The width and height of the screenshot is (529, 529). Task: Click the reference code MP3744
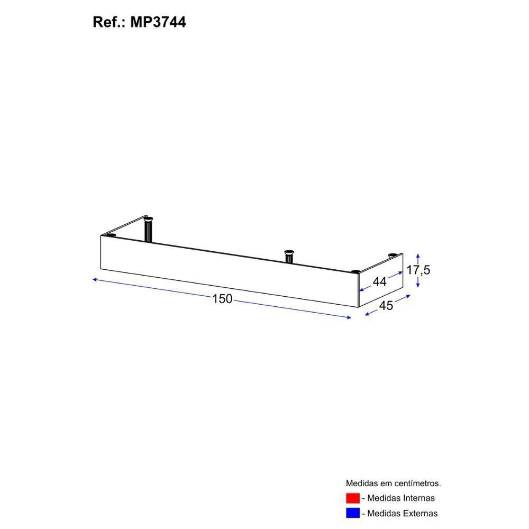pos(158,23)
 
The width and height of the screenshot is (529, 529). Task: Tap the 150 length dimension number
pos(222,299)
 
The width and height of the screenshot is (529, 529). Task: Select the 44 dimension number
pos(379,282)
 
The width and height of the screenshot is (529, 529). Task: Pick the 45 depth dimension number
pos(386,306)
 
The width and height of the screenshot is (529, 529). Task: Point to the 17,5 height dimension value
pos(418,270)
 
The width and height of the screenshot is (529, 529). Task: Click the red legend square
pos(352,498)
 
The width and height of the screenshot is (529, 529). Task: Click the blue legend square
pos(352,513)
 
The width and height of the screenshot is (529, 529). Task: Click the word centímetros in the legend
pos(415,483)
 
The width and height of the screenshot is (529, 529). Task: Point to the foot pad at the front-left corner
pos(111,235)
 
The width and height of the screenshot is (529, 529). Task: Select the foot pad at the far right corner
pos(392,256)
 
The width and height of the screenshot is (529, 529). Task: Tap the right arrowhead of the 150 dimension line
pos(349,317)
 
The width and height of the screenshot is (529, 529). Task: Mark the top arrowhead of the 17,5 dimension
pos(418,253)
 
